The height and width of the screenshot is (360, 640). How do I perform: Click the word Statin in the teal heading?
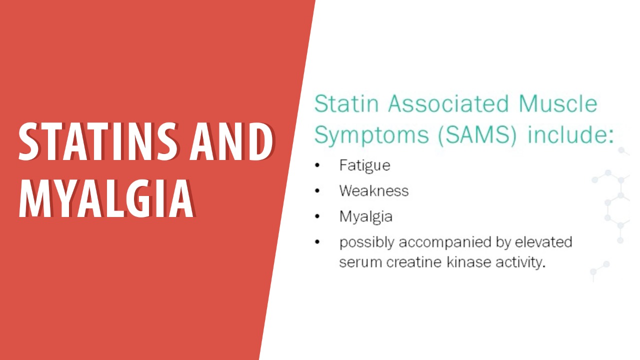(x=346, y=104)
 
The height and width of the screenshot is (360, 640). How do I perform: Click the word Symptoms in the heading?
(x=371, y=135)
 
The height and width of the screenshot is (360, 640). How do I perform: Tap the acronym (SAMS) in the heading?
(x=476, y=135)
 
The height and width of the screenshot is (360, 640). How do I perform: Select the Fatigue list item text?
(x=364, y=165)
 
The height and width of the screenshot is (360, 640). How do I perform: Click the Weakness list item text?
(x=373, y=190)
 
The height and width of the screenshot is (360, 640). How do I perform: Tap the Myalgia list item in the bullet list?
(x=365, y=216)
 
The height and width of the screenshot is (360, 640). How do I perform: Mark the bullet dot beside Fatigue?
(x=317, y=165)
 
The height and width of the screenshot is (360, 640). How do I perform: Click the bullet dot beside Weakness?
(x=317, y=191)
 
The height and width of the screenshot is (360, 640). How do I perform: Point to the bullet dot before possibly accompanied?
(x=317, y=242)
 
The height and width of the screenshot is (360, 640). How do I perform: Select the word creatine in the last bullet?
(x=409, y=262)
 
